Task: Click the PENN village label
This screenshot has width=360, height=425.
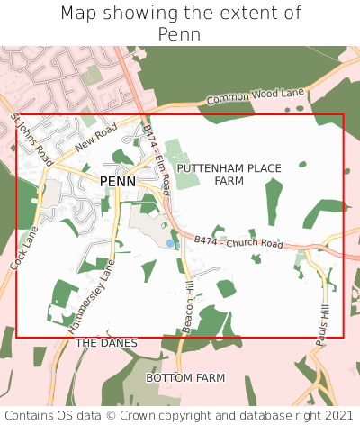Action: coord(118,182)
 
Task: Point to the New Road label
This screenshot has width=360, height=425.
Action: coord(96,139)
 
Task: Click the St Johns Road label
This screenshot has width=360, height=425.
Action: coord(32,140)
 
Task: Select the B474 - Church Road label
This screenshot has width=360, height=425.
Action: coord(238,243)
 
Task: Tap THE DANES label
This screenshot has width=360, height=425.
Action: coord(106,343)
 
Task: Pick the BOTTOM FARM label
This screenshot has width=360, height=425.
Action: coord(185,378)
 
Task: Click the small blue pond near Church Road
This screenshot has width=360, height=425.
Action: coord(170,243)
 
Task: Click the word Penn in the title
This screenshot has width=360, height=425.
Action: coord(179,34)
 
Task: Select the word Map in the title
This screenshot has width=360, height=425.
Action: coord(80,14)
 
